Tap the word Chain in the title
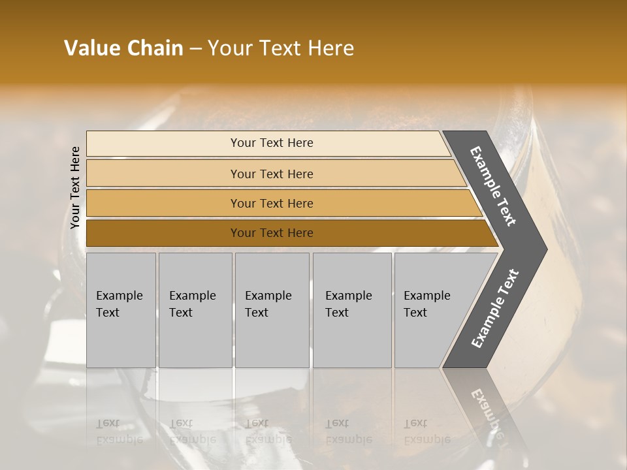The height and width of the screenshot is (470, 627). point(155,48)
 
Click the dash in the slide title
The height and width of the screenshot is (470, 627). point(195,49)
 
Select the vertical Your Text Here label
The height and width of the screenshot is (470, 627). point(75,187)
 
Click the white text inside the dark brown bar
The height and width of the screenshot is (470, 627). point(272,233)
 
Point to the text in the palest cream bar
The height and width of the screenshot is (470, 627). point(272,143)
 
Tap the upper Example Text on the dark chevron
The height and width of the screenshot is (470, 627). point(493,186)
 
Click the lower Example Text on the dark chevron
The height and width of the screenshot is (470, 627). point(494,309)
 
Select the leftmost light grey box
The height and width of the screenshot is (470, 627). point(121,339)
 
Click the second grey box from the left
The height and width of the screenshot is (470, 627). point(195,339)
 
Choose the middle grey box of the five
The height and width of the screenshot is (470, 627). point(272,339)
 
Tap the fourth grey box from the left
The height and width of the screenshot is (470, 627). point(352,339)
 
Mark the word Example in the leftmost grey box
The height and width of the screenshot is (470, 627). point(119,296)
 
